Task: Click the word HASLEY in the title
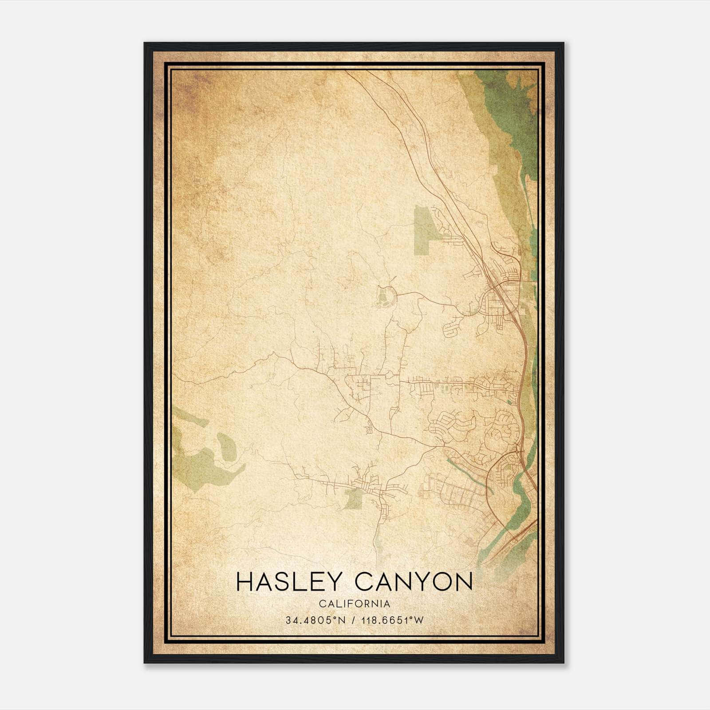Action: pos(288,582)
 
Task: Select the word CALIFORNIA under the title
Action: pos(354,604)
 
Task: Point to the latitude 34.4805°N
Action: pos(315,620)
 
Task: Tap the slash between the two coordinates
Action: pos(354,620)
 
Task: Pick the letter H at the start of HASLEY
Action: pos(245,582)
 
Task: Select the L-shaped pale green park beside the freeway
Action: pos(423,231)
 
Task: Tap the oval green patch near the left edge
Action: pos(226,446)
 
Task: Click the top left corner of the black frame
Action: pos(145,43)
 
